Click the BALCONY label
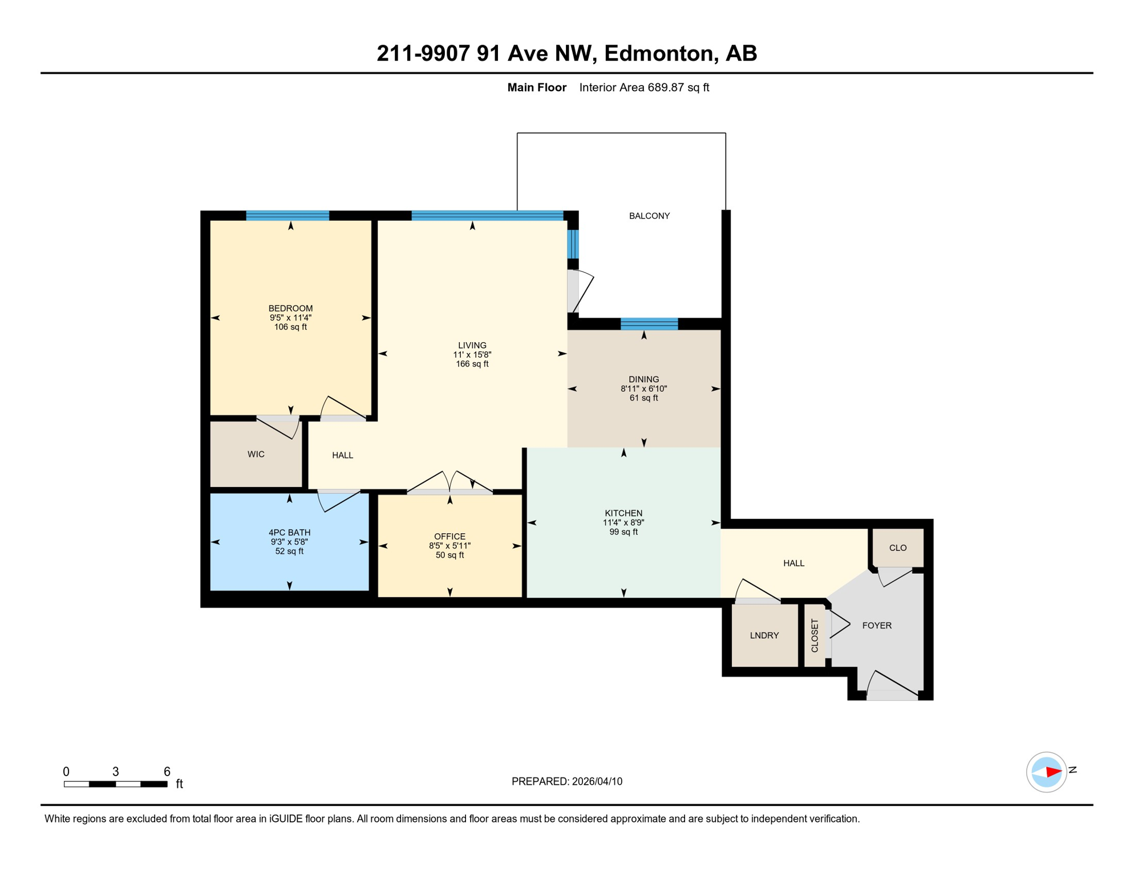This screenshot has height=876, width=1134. pos(649,216)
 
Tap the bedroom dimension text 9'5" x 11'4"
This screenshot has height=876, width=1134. pos(290,318)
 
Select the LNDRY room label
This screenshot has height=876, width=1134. pos(764,635)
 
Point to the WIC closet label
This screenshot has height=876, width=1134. pos(256,454)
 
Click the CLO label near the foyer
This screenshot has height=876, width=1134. pos(897,547)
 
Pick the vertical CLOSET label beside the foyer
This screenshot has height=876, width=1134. pos(815,635)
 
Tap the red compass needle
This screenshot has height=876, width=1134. pos(1053,772)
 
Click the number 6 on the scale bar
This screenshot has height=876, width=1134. pos(167,772)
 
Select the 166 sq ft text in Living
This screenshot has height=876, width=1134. pos(472,364)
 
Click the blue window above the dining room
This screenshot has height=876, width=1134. pos(649,324)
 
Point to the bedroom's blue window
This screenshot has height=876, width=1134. pos(287,216)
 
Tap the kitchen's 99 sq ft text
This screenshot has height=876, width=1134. pos(623,532)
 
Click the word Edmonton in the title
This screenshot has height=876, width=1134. pos(658,53)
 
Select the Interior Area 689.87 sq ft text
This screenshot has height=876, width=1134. pos(644,87)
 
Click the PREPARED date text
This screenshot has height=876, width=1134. pos(566,781)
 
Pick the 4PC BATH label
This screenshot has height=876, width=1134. pos(289,533)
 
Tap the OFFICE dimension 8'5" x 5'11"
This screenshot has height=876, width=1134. pos(449,546)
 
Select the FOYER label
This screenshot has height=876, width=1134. pos(876,626)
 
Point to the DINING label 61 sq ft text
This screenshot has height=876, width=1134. pos(643,398)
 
